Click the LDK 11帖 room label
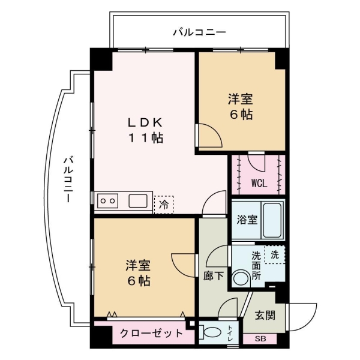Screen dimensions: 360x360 click(144, 130)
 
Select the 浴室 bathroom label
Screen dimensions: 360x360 click(247, 219)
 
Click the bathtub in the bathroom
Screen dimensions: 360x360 click(274, 220)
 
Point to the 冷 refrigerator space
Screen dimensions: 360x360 click(163, 205)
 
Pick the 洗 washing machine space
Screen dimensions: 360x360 click(275, 254)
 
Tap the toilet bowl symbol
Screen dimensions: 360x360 click(211, 332)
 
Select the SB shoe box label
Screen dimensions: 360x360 click(260, 339)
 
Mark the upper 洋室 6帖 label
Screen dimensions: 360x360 click(240, 106)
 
